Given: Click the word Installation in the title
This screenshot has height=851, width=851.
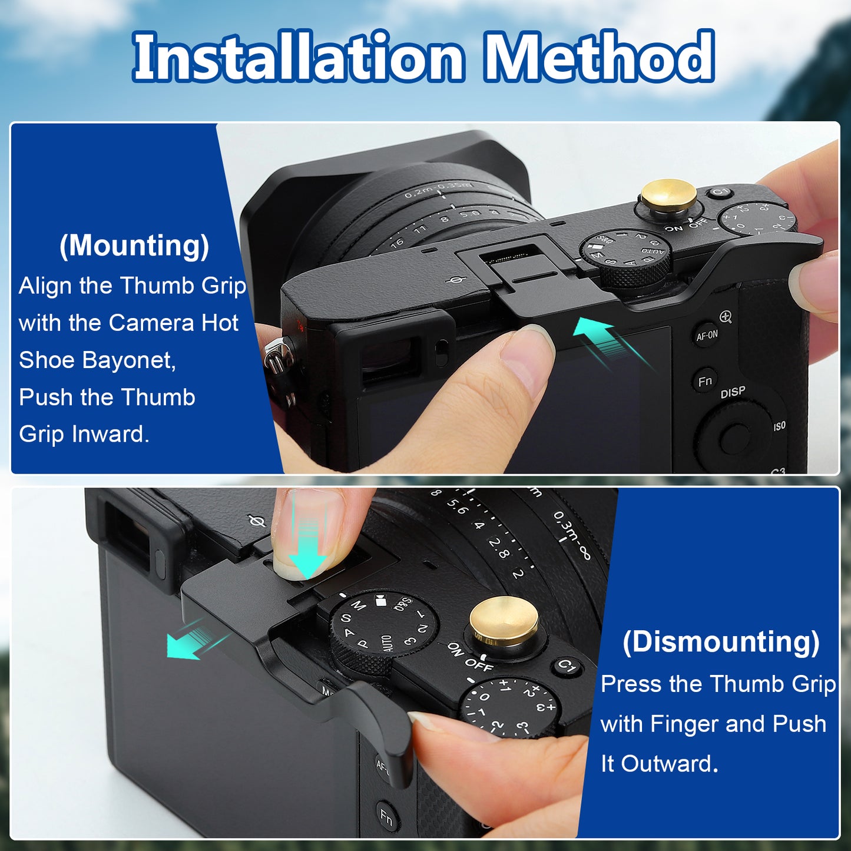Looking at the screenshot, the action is [298, 56].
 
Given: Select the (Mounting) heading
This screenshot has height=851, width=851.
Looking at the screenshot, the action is [134, 246].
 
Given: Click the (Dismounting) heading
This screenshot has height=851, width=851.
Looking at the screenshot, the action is [721, 642].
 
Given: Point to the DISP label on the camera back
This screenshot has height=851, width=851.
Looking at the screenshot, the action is [733, 392].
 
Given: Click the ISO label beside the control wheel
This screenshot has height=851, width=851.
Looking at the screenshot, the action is [780, 426].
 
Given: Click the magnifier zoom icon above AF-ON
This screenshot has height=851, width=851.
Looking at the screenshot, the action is [726, 317].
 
